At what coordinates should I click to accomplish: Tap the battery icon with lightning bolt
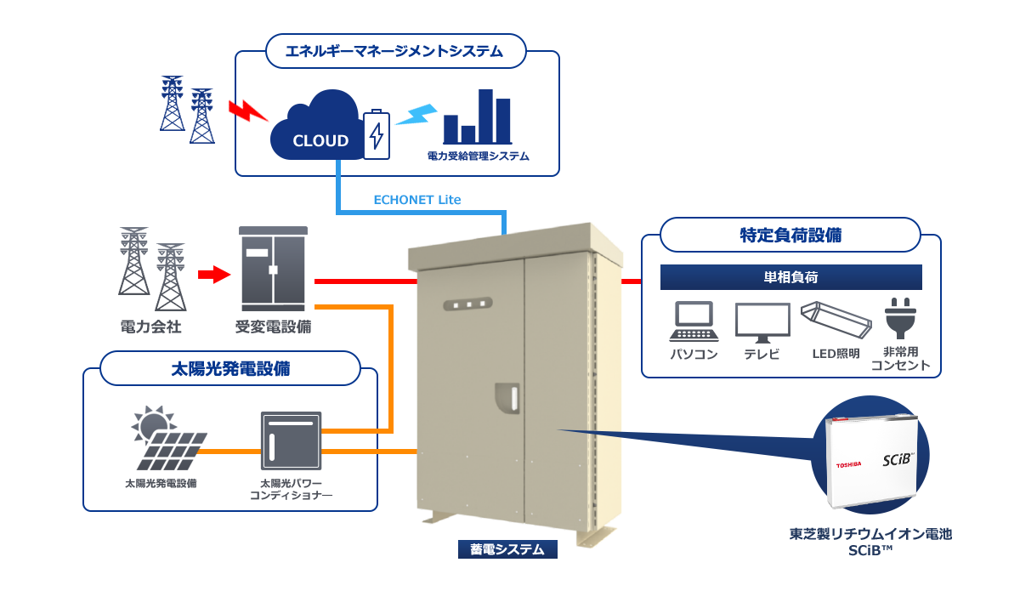pyautogui.click(x=377, y=134)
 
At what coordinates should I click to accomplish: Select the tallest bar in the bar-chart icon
pyautogui.click(x=485, y=116)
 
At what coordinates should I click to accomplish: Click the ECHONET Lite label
pyautogui.click(x=417, y=200)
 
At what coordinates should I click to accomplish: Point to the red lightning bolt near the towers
pyautogui.click(x=247, y=110)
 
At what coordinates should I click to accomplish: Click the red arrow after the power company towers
pyautogui.click(x=214, y=274)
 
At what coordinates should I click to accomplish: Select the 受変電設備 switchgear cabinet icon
pyautogui.click(x=273, y=269)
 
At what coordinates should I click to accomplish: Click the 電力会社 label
pyautogui.click(x=151, y=326)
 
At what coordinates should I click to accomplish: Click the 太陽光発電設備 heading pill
pyautogui.click(x=230, y=369)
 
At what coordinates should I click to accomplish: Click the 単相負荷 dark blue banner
pyautogui.click(x=790, y=277)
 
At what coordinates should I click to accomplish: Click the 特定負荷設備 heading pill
pyautogui.click(x=790, y=235)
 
